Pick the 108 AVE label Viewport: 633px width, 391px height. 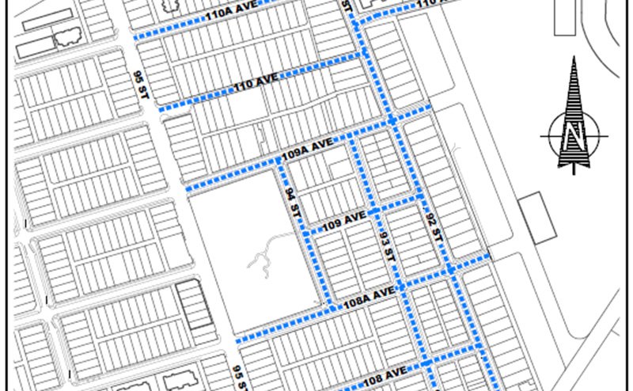coord(386,370)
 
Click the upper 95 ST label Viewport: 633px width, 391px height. coord(143,84)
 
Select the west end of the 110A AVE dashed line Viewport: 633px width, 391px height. coord(136,38)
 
